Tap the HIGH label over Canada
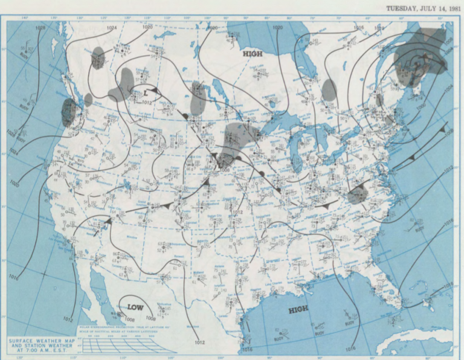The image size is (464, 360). [253, 54]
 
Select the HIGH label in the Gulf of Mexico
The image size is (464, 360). [298, 309]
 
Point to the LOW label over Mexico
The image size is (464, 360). [135, 307]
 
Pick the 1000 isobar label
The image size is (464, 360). [421, 106]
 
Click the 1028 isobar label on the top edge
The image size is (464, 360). [40, 28]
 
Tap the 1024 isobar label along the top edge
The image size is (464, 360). [111, 28]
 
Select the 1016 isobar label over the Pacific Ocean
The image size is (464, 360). [14, 277]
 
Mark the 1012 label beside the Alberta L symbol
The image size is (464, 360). [147, 102]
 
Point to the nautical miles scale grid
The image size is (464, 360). [124, 344]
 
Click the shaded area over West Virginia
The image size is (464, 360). [358, 194]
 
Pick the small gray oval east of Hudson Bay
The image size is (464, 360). [329, 89]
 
